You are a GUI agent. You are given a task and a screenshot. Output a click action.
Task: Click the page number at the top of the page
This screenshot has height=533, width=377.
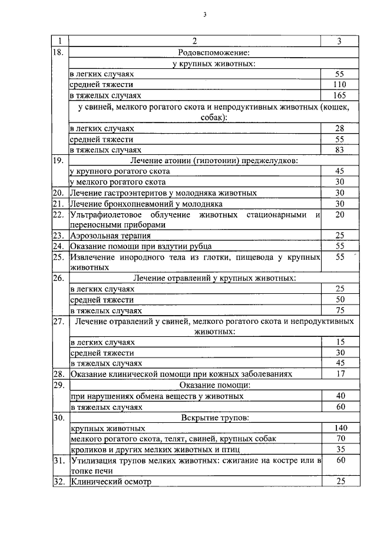pos(205,15)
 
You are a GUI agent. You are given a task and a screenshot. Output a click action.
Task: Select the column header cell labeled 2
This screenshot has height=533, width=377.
pos(194,41)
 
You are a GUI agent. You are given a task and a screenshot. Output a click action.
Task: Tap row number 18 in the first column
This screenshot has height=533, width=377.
pos(58,52)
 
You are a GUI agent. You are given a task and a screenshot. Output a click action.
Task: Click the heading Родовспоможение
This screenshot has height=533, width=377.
pos(195,52)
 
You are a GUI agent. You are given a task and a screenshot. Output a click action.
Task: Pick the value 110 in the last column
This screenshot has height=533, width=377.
pos(339,85)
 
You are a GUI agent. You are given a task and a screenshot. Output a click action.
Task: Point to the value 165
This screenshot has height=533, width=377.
pos(339,95)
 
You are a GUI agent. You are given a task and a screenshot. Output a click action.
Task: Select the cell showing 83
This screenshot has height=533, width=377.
pos(339,150)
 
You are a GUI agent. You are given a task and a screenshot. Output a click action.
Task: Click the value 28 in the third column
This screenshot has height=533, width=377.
pos(339,128)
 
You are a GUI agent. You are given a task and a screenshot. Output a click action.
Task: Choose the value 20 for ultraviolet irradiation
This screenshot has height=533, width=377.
pos(339,214)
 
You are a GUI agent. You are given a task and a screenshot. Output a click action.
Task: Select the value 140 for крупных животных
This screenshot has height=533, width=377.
pos(339,429)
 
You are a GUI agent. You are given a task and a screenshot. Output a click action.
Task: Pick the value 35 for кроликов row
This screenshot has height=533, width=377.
pos(339,449)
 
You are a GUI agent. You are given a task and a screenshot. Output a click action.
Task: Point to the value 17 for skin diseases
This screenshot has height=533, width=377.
pos(339,373)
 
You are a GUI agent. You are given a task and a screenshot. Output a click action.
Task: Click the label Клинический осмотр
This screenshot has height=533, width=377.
pos(111,482)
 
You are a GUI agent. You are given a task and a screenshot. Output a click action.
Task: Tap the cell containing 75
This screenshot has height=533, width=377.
pos(339,310)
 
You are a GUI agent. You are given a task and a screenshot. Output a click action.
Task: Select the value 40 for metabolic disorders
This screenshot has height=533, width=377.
pos(339,396)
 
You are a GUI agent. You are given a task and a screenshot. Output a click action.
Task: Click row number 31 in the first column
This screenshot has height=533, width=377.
pos(58,461)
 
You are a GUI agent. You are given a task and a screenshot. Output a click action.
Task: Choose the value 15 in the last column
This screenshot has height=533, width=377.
pos(339,342)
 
